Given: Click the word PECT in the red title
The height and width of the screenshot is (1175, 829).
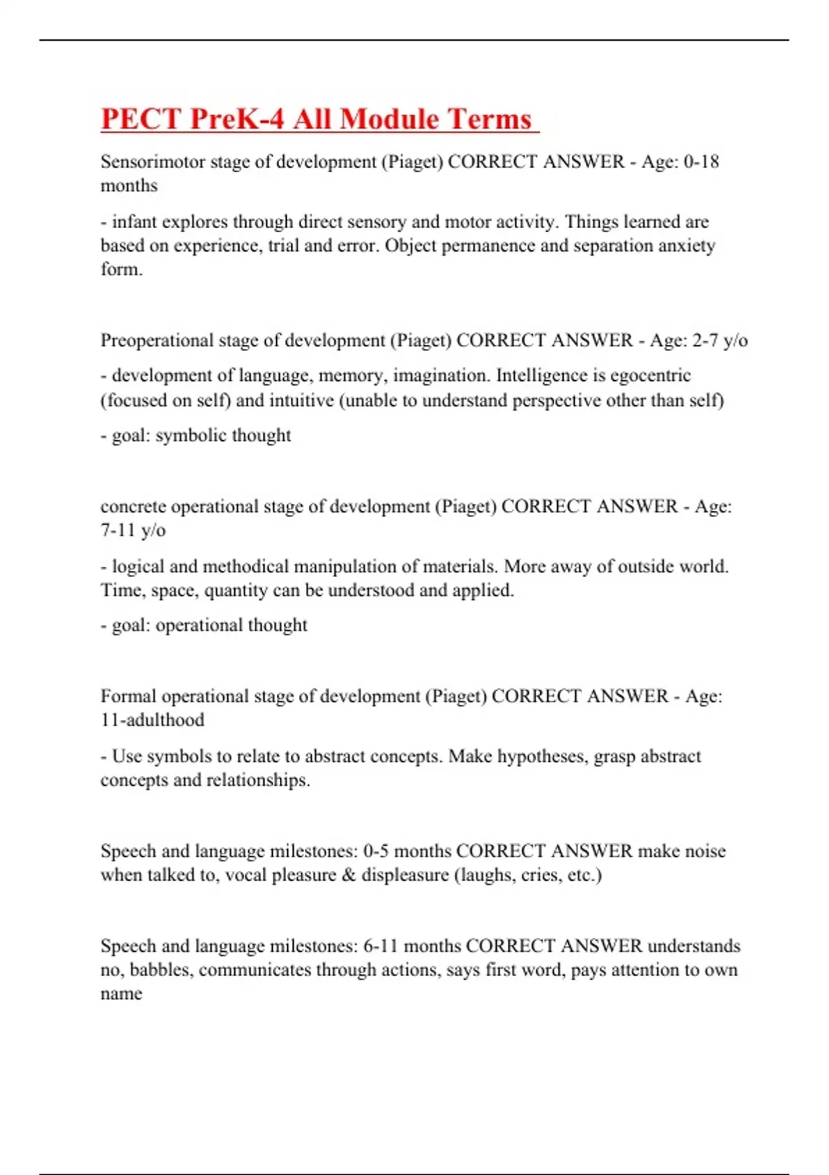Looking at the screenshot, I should point(140,119).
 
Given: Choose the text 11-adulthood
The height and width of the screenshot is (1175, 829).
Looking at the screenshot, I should point(152,720).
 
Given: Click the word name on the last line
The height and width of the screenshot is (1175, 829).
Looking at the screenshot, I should point(121,994).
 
